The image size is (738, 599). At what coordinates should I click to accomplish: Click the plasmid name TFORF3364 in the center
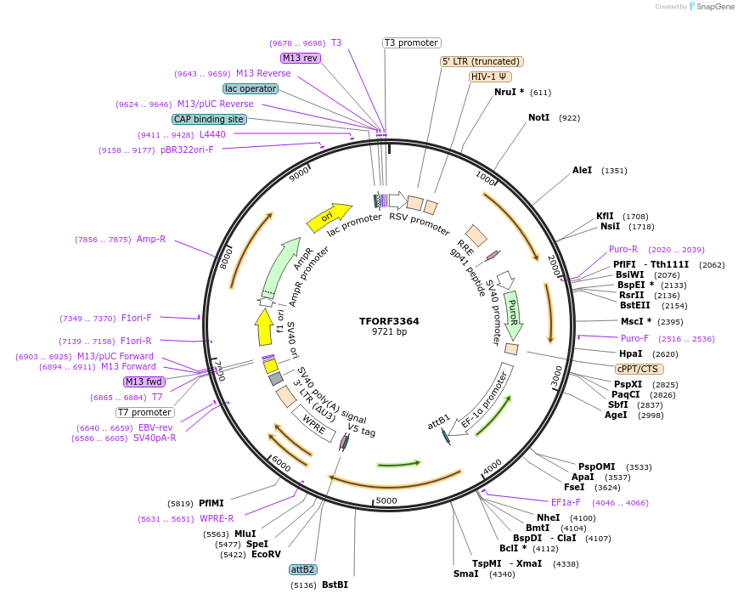(x=389, y=321)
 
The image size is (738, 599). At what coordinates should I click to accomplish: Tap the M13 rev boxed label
(x=300, y=58)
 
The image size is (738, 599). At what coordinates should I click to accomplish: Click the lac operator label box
(x=251, y=88)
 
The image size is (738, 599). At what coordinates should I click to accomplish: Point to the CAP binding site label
(x=209, y=120)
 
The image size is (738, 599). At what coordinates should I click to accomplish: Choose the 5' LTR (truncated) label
(x=482, y=61)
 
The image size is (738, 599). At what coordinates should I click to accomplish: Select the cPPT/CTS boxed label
(x=639, y=369)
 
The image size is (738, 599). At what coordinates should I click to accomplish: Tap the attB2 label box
(x=302, y=569)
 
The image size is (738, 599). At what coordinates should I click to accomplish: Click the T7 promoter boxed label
(x=145, y=413)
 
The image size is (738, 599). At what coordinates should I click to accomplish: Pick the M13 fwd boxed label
(x=144, y=381)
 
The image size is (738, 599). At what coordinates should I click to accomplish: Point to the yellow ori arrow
(x=328, y=218)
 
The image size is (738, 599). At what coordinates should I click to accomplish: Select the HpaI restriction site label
(x=630, y=353)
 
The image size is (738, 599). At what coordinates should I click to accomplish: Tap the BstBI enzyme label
(x=335, y=585)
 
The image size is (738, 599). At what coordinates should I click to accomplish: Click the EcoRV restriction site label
(x=266, y=554)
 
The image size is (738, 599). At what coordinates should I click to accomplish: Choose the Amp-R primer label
(x=151, y=240)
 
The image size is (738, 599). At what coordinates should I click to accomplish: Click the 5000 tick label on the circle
(x=386, y=500)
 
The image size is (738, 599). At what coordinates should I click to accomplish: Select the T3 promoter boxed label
(x=411, y=42)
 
